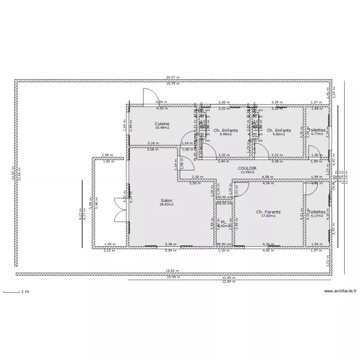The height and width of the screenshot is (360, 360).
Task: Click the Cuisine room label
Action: pos(162,124)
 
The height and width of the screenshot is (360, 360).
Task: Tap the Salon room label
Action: pos(167,201)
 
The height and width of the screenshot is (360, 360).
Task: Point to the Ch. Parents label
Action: pos(268,211)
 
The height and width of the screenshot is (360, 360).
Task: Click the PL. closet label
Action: pos(224,222)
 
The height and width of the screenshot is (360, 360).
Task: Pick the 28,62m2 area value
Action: pos(167,204)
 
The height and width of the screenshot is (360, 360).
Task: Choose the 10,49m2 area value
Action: pos(162,128)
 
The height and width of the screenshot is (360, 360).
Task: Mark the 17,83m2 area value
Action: pos(268,216)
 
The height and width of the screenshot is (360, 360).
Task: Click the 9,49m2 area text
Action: pos(225,134)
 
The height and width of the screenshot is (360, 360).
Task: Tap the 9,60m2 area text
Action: pos(278,134)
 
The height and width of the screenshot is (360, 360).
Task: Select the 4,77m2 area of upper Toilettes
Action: pos(316,134)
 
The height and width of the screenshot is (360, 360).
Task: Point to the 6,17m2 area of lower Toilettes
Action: pos(317,216)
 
